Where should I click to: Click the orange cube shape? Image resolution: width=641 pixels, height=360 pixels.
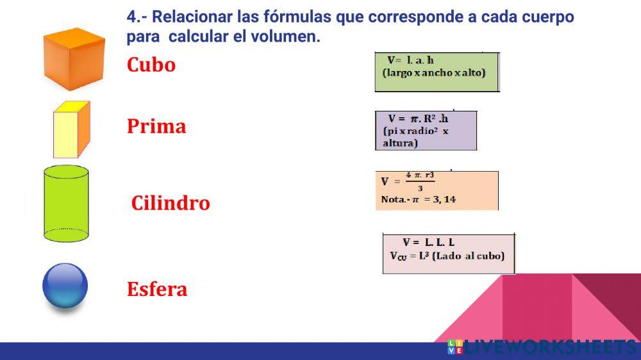(x=74, y=59)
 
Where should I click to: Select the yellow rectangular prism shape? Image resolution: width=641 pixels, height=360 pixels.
(x=71, y=130)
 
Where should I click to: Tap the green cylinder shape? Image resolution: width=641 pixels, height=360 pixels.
(x=66, y=204)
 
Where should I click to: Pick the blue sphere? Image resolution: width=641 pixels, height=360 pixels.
(x=65, y=286)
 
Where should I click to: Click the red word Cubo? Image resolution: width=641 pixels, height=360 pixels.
(x=151, y=65)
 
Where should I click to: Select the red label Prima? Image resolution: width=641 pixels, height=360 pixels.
(x=156, y=126)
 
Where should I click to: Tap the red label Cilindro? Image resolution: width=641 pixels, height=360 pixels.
(x=171, y=203)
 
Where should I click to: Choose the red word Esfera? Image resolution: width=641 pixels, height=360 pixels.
(x=157, y=289)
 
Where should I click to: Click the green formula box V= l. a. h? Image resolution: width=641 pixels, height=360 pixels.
(x=437, y=72)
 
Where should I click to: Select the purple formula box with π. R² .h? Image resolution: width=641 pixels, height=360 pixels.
(x=426, y=130)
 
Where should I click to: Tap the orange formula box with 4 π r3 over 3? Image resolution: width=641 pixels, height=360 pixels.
(x=437, y=190)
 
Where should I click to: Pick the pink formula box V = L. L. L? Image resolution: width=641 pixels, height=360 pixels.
(x=448, y=254)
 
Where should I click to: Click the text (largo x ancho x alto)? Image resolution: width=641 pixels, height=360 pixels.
(x=434, y=73)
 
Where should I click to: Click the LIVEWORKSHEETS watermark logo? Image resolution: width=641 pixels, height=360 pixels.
(x=542, y=348)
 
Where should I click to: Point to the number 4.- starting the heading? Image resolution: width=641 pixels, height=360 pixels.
(x=137, y=17)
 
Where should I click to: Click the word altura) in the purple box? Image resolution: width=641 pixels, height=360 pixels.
(x=400, y=143)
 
